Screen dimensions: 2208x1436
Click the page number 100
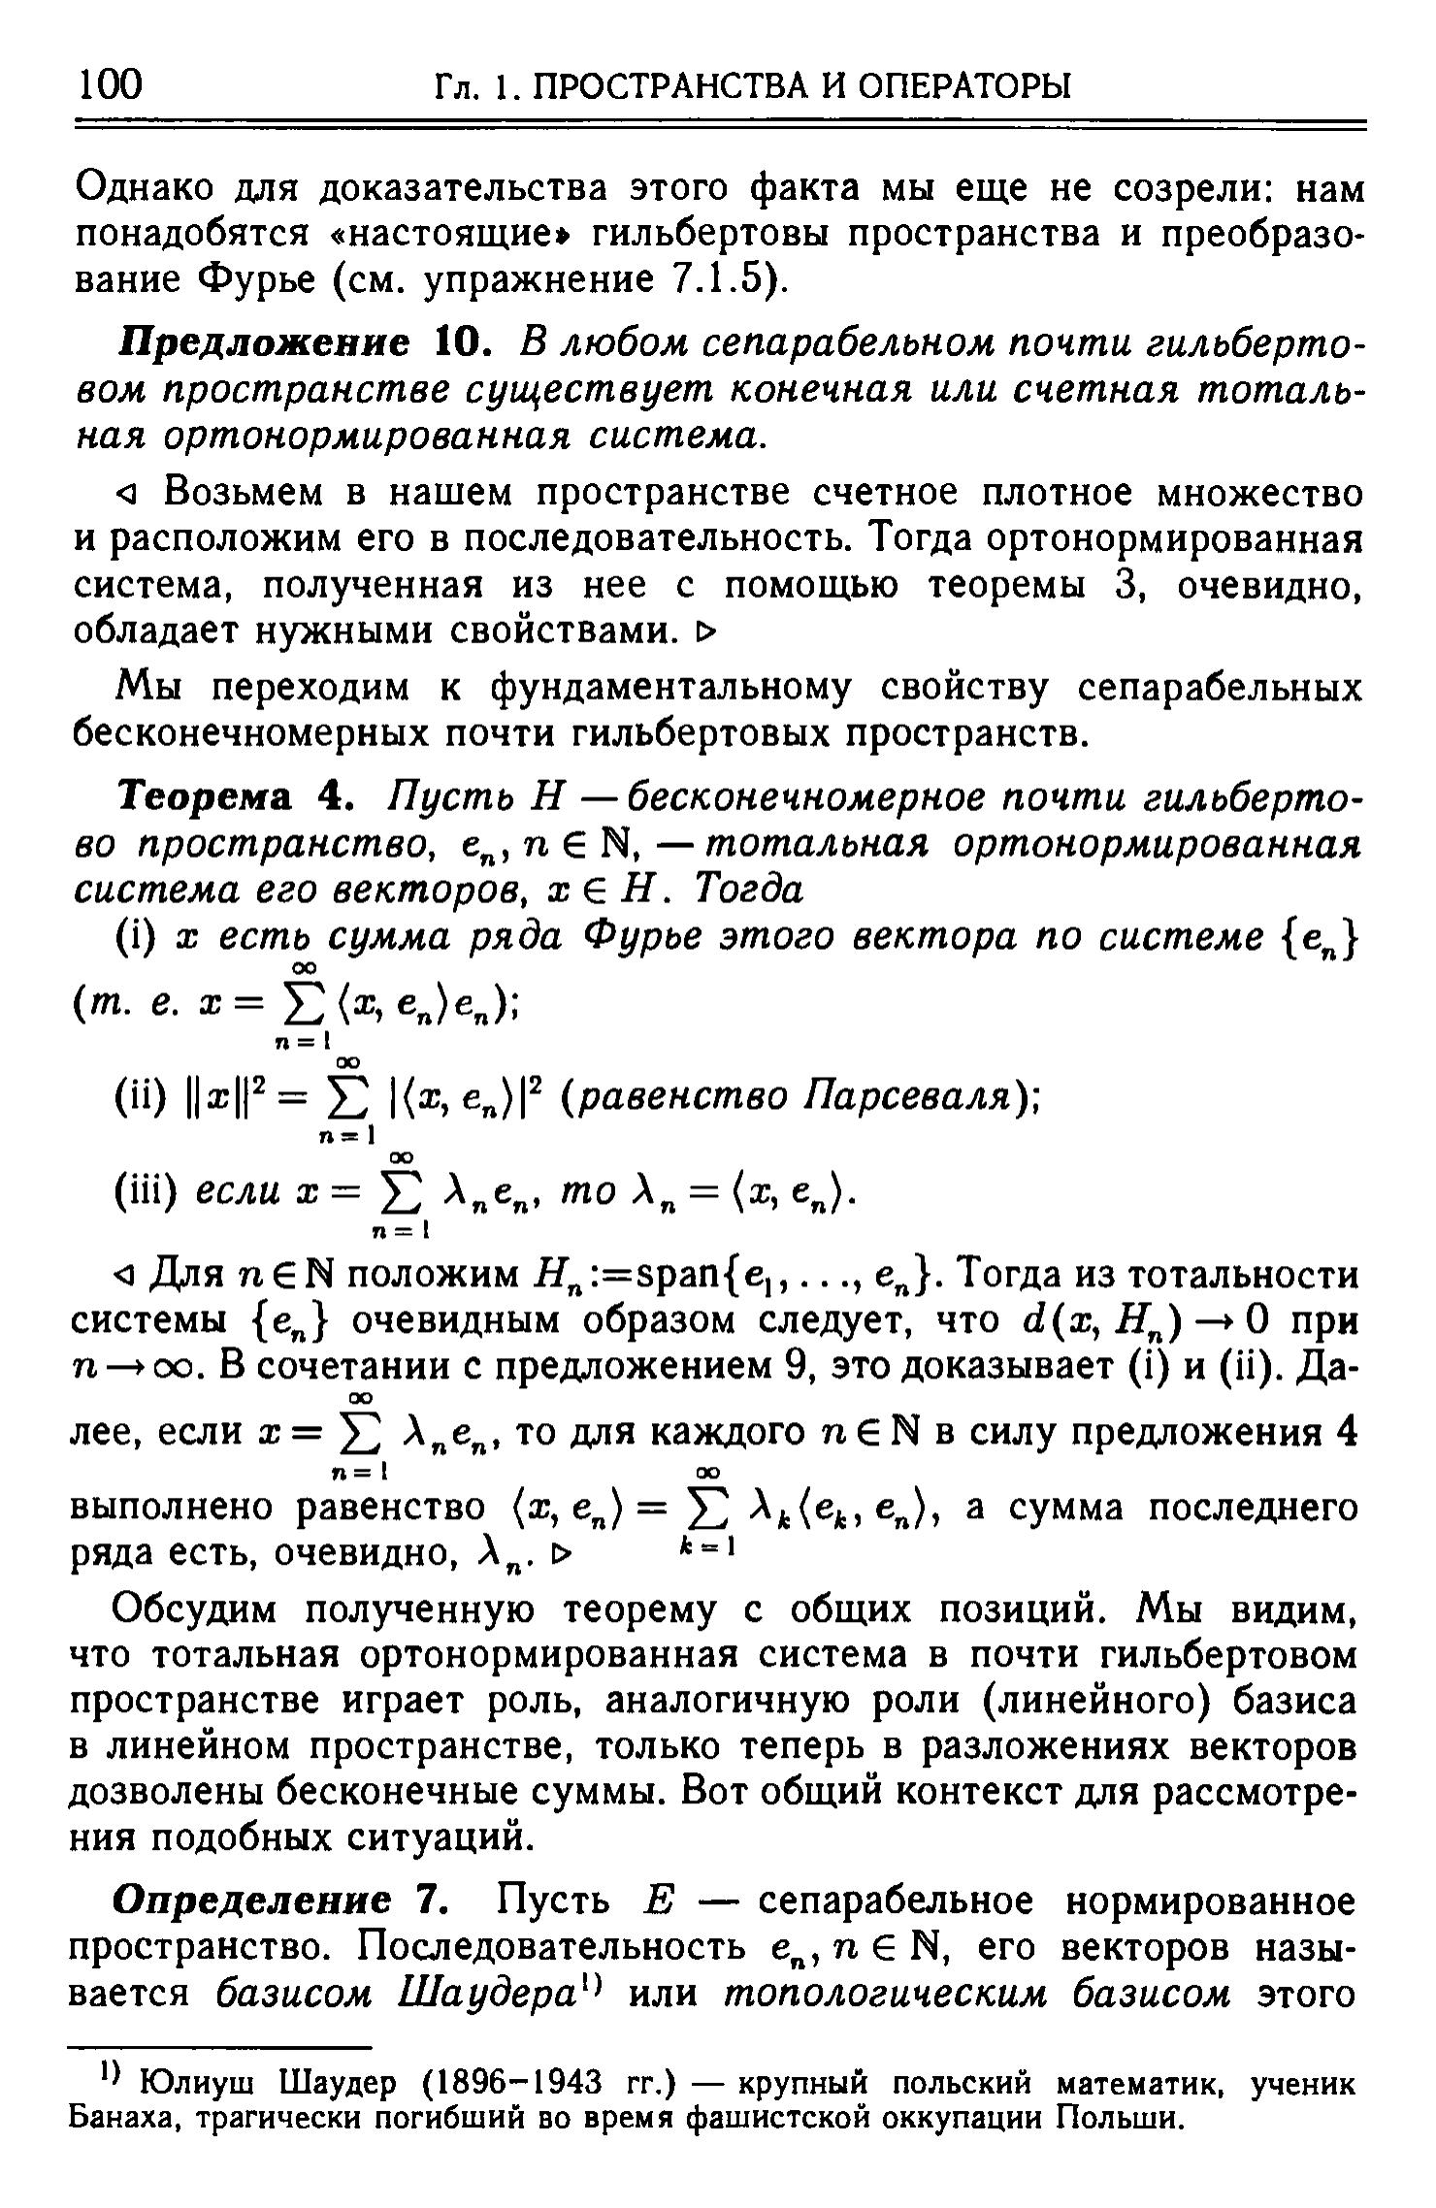(110, 84)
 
